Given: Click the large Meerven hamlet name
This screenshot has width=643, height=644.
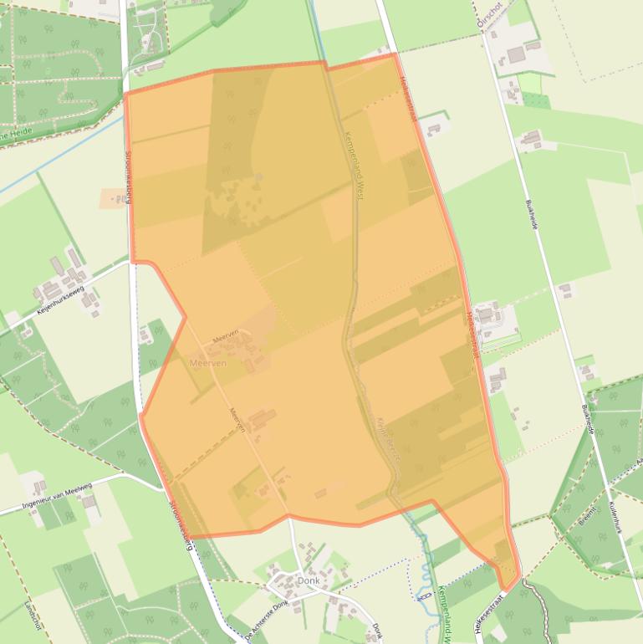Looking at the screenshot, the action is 208,363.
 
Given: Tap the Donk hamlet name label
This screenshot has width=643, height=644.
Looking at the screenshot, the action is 308,580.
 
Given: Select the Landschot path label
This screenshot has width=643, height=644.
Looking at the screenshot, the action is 32,616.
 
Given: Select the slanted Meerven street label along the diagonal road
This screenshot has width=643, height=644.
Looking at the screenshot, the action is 237,419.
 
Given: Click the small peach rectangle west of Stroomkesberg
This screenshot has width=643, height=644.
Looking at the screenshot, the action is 112,198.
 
